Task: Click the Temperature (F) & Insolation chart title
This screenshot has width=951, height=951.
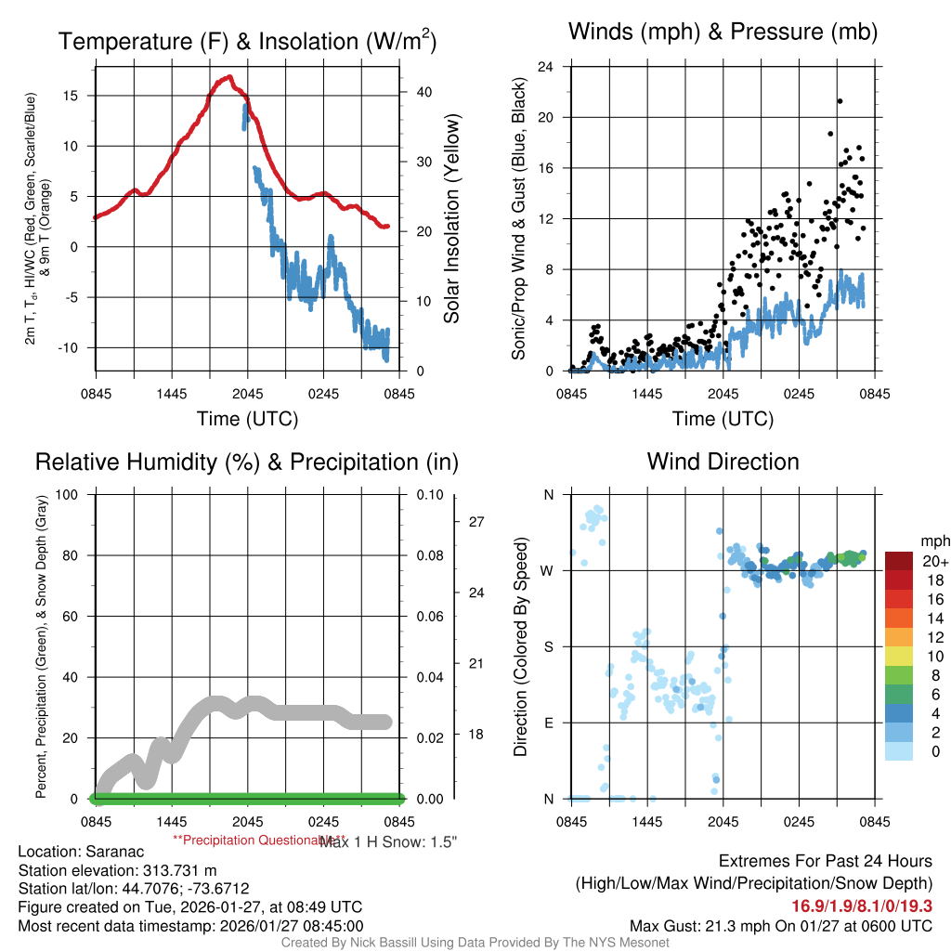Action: pos(248,42)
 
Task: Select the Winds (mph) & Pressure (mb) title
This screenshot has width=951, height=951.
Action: pos(723,33)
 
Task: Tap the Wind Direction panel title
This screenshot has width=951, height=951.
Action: pos(723,462)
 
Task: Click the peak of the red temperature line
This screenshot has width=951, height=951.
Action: pos(228,77)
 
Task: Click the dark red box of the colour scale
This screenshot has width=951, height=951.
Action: pos(900,561)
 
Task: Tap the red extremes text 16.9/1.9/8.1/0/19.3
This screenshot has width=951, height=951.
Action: pos(862,905)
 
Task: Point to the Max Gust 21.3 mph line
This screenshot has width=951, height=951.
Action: pos(781,925)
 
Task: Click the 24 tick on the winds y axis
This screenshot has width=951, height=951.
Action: pos(547,67)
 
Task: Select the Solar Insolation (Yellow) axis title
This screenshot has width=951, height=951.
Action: pos(452,219)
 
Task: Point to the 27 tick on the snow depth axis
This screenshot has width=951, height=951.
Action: pos(476,522)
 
